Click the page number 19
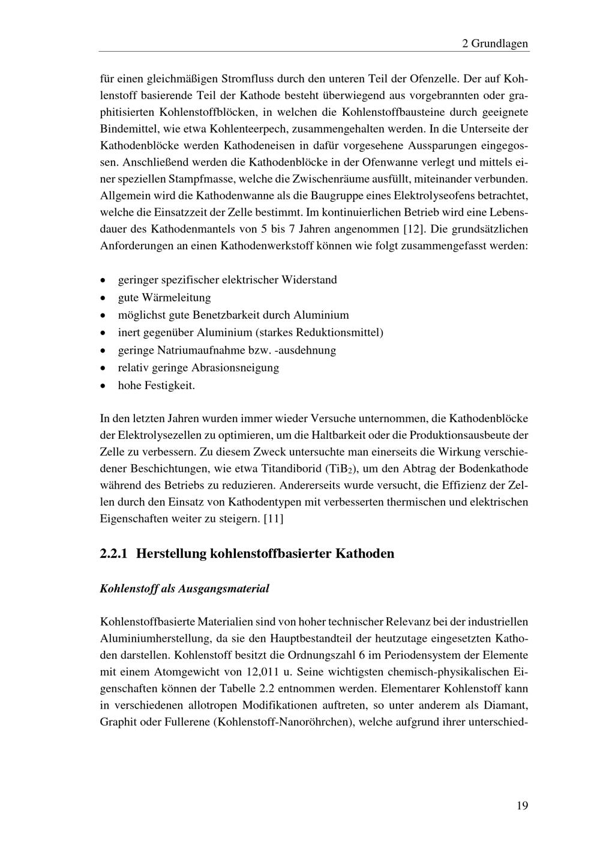(x=521, y=806)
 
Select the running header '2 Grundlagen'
(x=495, y=43)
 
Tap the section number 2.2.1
(x=114, y=554)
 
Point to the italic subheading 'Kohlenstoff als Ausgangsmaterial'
(x=184, y=588)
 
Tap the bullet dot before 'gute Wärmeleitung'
(x=104, y=298)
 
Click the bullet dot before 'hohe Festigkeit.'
(x=104, y=385)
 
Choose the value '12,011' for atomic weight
(x=263, y=671)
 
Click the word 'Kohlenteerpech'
(x=248, y=128)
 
